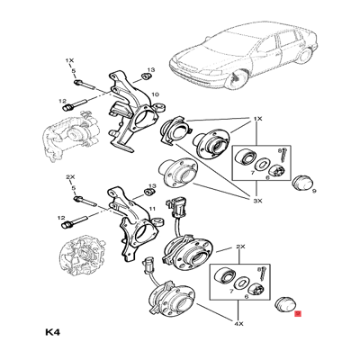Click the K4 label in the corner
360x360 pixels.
click(x=53, y=332)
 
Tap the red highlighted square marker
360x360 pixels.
click(x=298, y=314)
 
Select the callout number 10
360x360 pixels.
click(x=155, y=94)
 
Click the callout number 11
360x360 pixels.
click(x=153, y=208)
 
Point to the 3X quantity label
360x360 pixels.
click(x=257, y=201)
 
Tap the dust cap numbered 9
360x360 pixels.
click(x=301, y=184)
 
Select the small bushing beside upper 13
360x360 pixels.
click(x=146, y=76)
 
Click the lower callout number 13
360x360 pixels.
click(x=153, y=186)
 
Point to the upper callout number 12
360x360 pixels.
click(x=62, y=101)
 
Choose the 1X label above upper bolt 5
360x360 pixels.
click(x=69, y=60)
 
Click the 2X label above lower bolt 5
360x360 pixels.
click(x=70, y=177)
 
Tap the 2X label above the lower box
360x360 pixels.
click(x=240, y=247)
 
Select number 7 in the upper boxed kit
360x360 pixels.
click(x=252, y=173)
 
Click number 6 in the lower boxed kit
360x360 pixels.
click(x=247, y=297)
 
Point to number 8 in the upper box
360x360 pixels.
click(x=279, y=149)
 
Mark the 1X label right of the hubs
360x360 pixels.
click(x=257, y=119)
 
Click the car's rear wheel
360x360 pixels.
click(x=304, y=57)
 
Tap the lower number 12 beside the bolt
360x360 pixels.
click(x=62, y=218)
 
